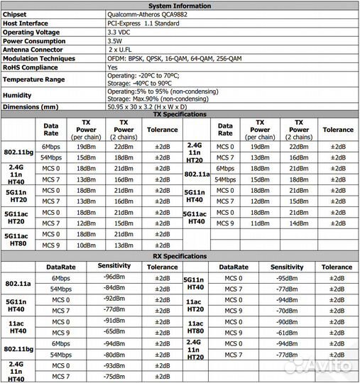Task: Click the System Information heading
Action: click(180, 5)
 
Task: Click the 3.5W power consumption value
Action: click(116, 41)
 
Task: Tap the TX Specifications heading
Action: click(180, 115)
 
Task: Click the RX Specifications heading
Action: click(180, 256)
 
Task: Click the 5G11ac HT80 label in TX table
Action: click(16, 239)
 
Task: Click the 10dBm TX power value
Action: click(85, 245)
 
